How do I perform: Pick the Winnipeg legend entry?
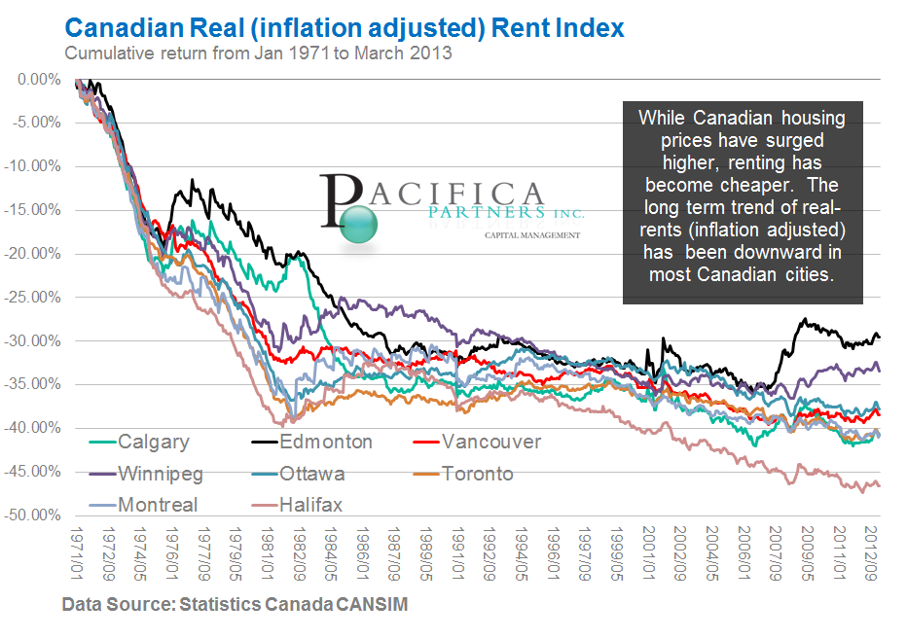158,474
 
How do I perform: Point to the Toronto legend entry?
478,474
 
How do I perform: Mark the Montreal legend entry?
157,505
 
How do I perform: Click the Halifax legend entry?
310,505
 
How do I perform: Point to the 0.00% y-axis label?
40,79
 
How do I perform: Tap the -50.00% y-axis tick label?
35,515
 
